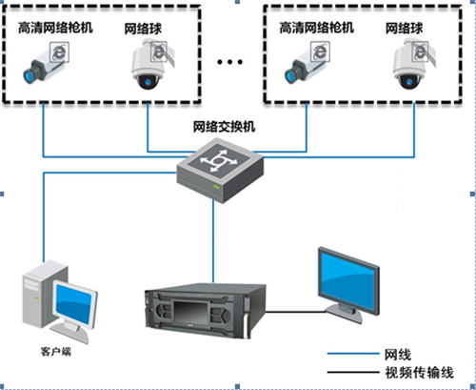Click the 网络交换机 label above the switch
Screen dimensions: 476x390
point(224,127)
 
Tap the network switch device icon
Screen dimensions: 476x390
point(220,170)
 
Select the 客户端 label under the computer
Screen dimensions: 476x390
point(56,352)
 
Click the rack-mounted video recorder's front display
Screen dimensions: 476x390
point(190,312)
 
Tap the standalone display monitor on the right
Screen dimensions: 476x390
point(348,284)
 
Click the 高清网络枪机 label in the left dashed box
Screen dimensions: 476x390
point(55,28)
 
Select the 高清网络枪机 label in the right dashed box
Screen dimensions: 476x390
point(317,28)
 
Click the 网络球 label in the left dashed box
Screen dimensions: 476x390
point(143,29)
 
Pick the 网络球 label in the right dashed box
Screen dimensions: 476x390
point(404,29)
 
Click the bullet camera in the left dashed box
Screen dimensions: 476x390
point(45,65)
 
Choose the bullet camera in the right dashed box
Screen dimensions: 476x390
point(306,65)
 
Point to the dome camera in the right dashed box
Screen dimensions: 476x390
point(412,64)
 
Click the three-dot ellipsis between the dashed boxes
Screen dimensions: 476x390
point(229,62)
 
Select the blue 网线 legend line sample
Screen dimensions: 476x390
point(353,354)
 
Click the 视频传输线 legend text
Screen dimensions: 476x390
point(420,373)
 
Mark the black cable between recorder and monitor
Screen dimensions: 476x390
point(295,312)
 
